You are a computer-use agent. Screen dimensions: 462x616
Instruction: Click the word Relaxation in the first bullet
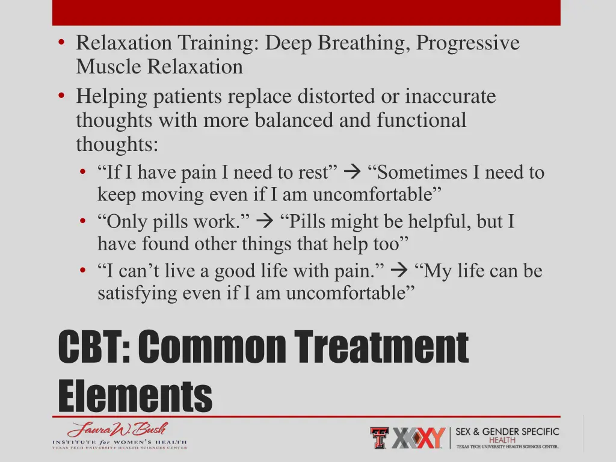coord(125,43)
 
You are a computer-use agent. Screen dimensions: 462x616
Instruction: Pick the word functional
coord(421,120)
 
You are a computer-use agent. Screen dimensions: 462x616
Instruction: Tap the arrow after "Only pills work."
coord(264,222)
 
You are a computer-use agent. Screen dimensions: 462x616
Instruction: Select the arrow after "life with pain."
coord(398,271)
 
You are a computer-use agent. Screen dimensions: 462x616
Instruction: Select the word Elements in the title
coord(135,396)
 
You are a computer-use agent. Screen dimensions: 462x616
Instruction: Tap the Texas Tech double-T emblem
coord(379,438)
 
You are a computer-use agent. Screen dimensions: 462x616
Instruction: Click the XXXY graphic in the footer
coord(419,438)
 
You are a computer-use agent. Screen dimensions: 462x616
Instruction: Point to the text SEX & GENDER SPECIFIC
coord(507,432)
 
